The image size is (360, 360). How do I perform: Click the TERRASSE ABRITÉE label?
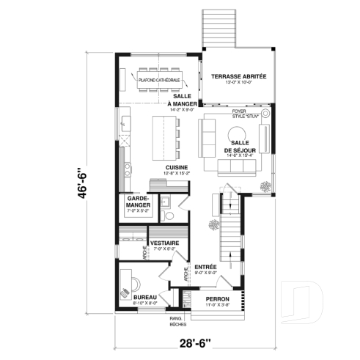(238, 76)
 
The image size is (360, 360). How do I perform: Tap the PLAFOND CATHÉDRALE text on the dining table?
(158, 79)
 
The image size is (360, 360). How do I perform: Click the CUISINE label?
(177, 167)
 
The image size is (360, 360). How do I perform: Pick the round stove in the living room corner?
(265, 114)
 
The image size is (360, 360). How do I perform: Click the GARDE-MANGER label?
(139, 202)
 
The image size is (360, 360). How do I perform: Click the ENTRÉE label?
(205, 267)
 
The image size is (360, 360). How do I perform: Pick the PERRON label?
(217, 300)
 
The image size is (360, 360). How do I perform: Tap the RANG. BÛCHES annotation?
(176, 322)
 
